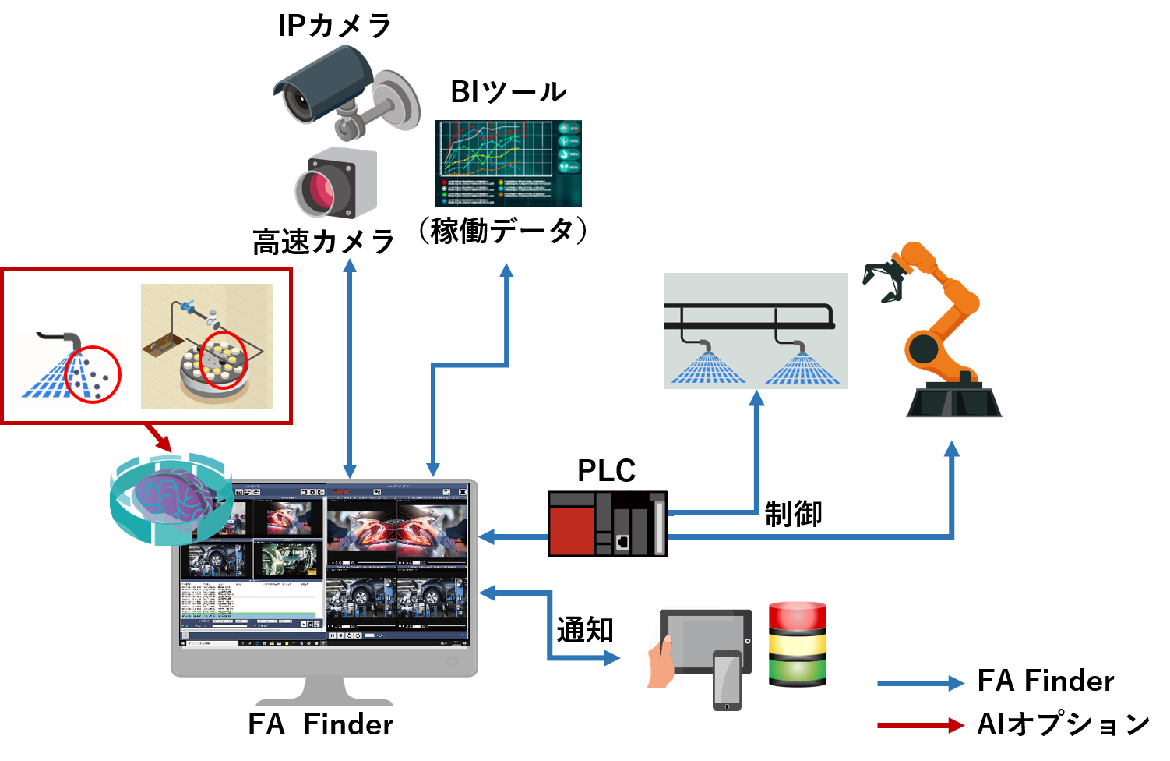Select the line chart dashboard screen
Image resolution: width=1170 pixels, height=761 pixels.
pos(507,164)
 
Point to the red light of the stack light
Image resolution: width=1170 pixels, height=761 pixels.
pos(797,615)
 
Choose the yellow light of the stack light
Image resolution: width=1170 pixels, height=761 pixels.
pos(797,643)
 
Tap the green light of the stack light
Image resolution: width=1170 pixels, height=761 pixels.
pos(797,670)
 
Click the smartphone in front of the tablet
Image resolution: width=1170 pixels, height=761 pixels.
pos(727,679)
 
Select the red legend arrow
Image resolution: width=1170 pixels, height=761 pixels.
pos(920,725)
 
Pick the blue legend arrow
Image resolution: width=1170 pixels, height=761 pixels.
pos(920,684)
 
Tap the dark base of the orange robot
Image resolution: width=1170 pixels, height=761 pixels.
pos(954,402)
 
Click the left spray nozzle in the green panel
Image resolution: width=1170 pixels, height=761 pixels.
pos(707,345)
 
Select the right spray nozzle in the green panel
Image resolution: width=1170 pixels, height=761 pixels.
pos(799,345)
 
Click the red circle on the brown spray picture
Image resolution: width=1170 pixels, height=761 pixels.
pos(93,374)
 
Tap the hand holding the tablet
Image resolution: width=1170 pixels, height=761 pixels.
pos(661,663)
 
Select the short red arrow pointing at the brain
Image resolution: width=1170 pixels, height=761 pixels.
pos(159,438)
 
